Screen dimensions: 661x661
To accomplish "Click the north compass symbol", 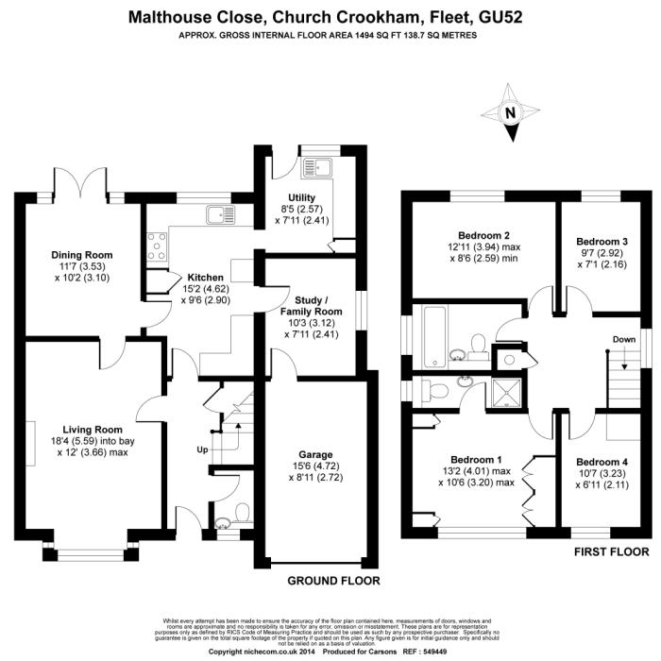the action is pos(512,111).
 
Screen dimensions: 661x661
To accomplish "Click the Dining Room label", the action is pos(82,254).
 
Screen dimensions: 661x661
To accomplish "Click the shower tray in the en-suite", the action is pos(505,389).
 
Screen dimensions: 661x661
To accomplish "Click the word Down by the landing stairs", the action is pos(623,339).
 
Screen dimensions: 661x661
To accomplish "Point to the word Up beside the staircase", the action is pos(202,449).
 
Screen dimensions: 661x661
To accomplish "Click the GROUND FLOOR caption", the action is pos(333,581).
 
